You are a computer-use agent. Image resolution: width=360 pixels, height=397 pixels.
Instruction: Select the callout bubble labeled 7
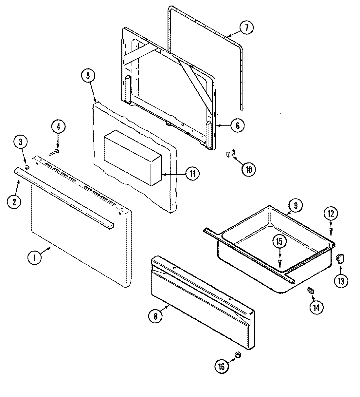click(x=246, y=28)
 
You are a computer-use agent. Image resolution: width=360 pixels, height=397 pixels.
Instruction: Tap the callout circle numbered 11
click(x=192, y=173)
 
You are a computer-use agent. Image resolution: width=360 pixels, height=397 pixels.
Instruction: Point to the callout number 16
click(x=222, y=366)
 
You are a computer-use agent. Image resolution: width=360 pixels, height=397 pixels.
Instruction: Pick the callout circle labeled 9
click(x=296, y=206)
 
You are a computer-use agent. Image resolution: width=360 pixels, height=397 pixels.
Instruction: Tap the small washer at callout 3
click(x=27, y=168)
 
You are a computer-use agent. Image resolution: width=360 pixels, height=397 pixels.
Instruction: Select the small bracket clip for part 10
click(x=230, y=154)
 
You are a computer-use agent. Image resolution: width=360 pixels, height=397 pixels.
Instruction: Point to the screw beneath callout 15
click(x=280, y=261)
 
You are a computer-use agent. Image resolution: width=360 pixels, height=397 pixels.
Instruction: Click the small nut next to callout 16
click(x=238, y=355)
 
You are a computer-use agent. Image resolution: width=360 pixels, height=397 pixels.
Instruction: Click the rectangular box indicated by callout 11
click(x=133, y=158)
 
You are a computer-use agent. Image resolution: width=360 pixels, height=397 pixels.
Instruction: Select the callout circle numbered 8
click(x=155, y=316)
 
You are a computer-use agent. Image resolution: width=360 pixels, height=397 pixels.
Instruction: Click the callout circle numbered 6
click(x=237, y=125)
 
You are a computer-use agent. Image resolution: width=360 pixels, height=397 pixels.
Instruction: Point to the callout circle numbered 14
click(x=316, y=308)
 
